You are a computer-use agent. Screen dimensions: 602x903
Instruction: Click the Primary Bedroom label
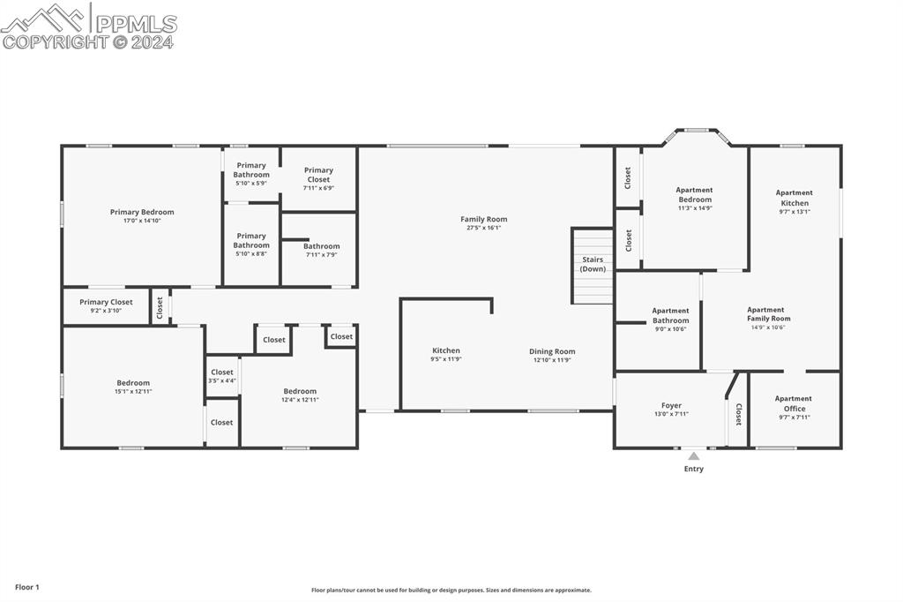tap(142, 212)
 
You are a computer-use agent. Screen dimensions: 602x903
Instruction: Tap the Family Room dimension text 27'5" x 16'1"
tap(484, 228)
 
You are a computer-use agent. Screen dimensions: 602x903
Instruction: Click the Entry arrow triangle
tap(694, 456)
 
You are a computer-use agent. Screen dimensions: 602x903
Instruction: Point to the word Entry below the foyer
tap(694, 469)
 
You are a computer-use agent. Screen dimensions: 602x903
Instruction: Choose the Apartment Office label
tap(794, 403)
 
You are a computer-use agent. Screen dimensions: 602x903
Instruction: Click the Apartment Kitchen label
tap(794, 198)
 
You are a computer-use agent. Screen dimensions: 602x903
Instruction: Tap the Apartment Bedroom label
tap(694, 194)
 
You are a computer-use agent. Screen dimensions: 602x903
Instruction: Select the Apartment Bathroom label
tap(670, 315)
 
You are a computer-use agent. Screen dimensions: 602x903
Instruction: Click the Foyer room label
tap(671, 406)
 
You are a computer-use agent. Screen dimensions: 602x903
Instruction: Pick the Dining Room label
tap(552, 351)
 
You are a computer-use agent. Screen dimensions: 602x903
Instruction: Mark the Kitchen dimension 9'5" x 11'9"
tap(445, 360)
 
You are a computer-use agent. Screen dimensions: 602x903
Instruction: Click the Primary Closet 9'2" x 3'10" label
tap(106, 305)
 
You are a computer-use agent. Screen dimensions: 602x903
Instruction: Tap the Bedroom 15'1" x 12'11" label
tap(132, 387)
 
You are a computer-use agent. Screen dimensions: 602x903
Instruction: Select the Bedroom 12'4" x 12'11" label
tap(300, 395)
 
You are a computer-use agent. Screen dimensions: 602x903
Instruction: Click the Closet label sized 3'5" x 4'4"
tap(222, 376)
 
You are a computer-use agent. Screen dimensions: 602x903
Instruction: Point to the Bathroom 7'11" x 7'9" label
tap(322, 251)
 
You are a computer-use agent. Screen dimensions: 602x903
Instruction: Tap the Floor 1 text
tap(27, 587)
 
